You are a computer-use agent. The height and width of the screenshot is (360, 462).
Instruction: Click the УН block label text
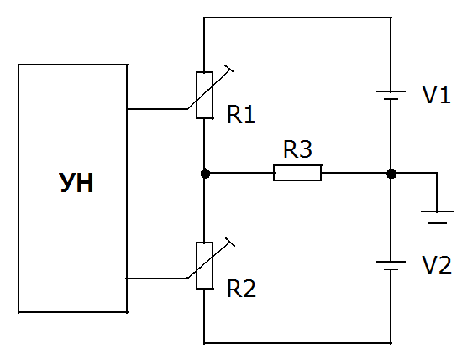pyautogui.click(x=76, y=183)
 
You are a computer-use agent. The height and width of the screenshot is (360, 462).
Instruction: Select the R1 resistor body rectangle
pyautogui.click(x=204, y=95)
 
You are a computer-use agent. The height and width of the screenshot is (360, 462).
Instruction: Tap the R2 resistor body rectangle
pyautogui.click(x=204, y=265)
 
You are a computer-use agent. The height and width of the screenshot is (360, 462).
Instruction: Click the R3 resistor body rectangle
pyautogui.click(x=297, y=173)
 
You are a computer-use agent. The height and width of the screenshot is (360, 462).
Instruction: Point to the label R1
pyautogui.click(x=241, y=114)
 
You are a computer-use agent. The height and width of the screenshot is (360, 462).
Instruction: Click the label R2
pyautogui.click(x=241, y=289)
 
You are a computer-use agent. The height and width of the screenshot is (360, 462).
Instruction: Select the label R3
pyautogui.click(x=297, y=149)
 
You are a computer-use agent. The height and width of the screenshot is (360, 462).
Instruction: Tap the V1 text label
pyautogui.click(x=436, y=95)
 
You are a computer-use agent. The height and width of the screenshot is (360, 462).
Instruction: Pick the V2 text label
pyautogui.click(x=437, y=265)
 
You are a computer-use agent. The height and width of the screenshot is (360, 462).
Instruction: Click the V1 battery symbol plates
pyautogui.click(x=391, y=95)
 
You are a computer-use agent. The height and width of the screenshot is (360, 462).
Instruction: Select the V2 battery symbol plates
pyautogui.click(x=391, y=265)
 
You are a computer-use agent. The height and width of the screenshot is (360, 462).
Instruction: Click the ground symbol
pyautogui.click(x=438, y=217)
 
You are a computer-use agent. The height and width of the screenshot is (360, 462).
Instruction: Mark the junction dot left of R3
pyautogui.click(x=205, y=174)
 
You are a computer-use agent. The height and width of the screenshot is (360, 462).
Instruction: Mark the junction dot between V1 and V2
pyautogui.click(x=391, y=174)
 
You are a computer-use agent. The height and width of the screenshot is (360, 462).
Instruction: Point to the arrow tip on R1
pyautogui.click(x=228, y=68)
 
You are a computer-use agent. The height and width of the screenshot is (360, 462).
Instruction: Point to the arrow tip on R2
pyautogui.click(x=230, y=242)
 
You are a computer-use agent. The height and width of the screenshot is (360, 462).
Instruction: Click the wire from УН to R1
pyautogui.click(x=157, y=109)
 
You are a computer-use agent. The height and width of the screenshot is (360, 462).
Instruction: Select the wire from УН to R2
pyautogui.click(x=156, y=278)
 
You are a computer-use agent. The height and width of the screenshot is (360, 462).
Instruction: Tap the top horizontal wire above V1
pyautogui.click(x=297, y=18)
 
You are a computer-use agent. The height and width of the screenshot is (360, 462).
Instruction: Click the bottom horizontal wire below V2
pyautogui.click(x=297, y=343)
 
